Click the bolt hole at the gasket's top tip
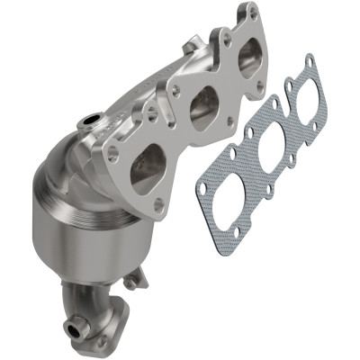[x=309, y=61]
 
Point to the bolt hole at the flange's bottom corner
[x=159, y=205]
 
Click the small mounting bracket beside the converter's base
[x=135, y=282]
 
